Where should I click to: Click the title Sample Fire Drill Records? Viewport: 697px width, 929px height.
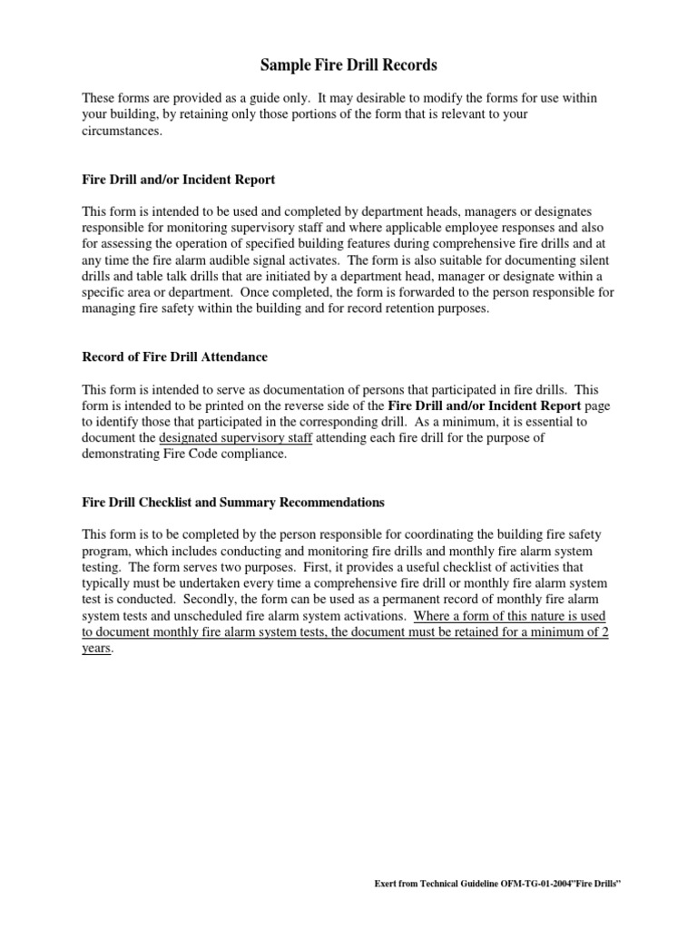click(x=348, y=65)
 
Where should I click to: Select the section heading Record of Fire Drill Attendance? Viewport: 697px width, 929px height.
click(x=174, y=357)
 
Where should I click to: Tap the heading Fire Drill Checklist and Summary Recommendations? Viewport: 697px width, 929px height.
click(x=233, y=502)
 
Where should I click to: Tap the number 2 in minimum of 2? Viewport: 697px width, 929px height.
click(x=603, y=633)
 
